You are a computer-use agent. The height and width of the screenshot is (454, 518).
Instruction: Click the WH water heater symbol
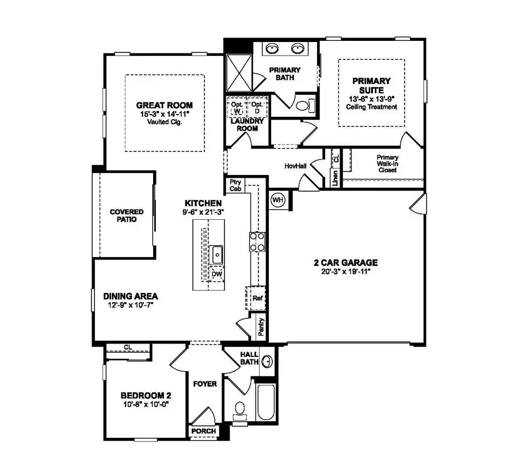278,199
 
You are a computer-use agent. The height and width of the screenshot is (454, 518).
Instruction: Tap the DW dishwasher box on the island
216,274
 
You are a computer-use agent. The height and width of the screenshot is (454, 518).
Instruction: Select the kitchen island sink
217,253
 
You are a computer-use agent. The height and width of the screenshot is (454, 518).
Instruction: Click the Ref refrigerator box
257,298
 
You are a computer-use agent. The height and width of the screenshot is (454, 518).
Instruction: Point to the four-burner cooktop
257,241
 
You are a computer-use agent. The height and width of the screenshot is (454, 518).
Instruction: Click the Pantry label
261,327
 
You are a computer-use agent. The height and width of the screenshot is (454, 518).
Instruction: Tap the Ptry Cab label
235,185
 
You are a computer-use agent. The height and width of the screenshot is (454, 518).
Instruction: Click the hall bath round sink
267,362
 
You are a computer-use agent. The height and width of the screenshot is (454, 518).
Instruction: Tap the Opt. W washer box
237,107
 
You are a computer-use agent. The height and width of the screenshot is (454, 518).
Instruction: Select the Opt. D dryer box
257,107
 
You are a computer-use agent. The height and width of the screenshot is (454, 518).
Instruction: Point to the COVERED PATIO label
126,215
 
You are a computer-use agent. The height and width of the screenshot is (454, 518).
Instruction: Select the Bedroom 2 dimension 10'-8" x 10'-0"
146,405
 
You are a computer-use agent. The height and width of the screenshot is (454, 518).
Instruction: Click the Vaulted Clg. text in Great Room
164,122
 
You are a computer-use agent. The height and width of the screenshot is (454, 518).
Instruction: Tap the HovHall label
295,166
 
